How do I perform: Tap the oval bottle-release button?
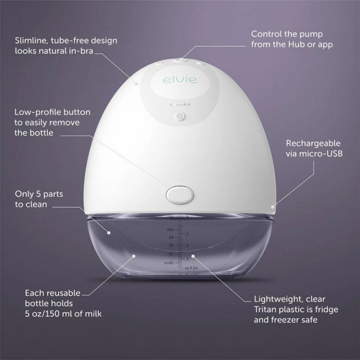click(x=180, y=194)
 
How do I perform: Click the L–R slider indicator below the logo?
click(x=180, y=104)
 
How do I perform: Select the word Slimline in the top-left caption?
click(x=32, y=40)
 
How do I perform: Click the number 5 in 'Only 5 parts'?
click(x=40, y=195)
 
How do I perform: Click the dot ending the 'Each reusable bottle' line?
click(x=133, y=252)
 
